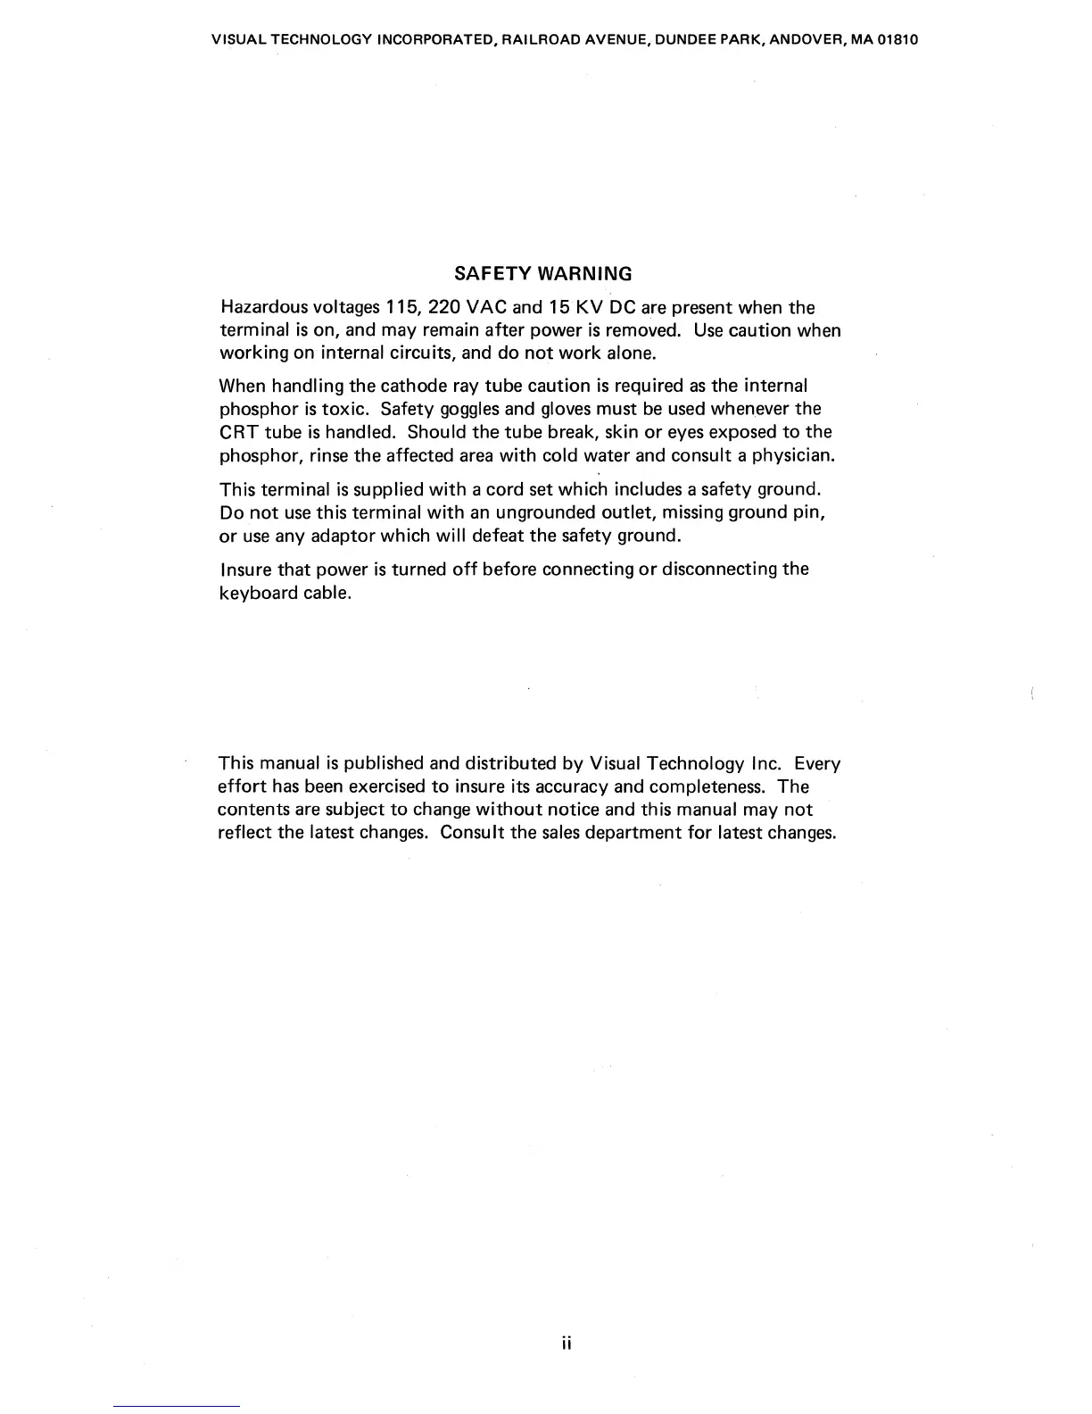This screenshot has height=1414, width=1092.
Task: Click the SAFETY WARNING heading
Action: click(x=542, y=273)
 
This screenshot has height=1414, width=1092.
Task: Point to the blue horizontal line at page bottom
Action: click(x=177, y=1407)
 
